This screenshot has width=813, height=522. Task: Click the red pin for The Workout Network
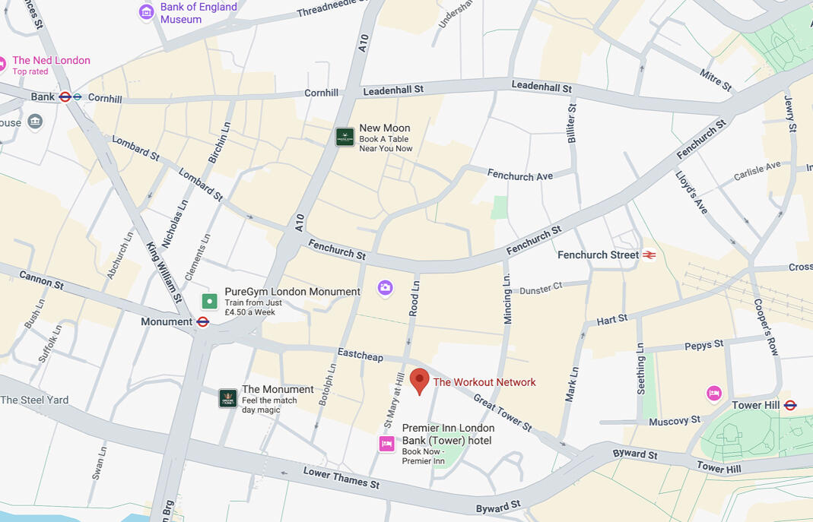[419, 380]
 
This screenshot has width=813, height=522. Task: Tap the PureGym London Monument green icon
[209, 301]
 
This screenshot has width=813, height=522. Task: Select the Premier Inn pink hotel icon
[387, 444]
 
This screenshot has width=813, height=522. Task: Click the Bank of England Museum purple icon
[146, 12]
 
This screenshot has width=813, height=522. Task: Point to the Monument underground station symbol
[203, 321]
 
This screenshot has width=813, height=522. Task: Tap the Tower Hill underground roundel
[790, 405]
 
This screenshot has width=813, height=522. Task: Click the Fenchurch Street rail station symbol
[649, 255]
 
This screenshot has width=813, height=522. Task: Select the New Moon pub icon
[345, 137]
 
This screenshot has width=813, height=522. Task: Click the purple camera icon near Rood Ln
[386, 287]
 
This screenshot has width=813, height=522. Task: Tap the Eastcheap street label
[360, 355]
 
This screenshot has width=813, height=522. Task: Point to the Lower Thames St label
[341, 477]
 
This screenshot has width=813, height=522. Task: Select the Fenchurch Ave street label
[520, 176]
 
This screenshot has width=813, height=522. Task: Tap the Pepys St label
[703, 345]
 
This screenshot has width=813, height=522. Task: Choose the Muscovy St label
[675, 420]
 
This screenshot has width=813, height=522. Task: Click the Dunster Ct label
[541, 288]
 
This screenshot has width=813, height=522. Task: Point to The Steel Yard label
[34, 400]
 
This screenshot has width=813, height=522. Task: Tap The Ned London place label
[51, 60]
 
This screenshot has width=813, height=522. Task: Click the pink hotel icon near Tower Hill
[713, 393]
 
